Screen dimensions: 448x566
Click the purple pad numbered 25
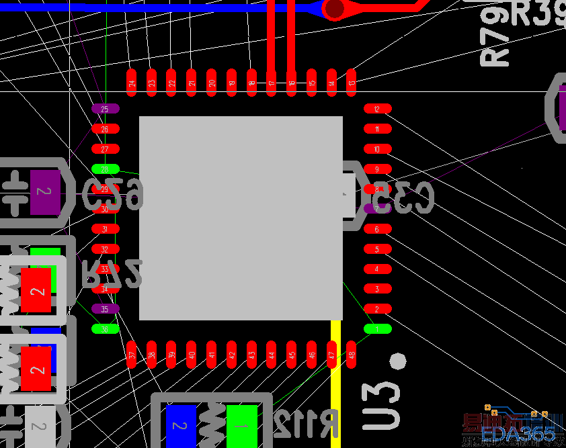[105, 109]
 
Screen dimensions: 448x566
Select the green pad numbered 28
[105, 169]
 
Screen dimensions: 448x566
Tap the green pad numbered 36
[105, 329]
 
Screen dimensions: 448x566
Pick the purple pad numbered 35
[105, 309]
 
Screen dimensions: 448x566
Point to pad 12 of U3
[377, 109]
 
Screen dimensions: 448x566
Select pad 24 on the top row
[132, 83]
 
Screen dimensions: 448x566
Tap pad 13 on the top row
[352, 83]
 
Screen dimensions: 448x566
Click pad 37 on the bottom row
[132, 355]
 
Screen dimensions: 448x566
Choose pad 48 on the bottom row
[352, 355]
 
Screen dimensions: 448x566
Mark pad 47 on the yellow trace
[331, 355]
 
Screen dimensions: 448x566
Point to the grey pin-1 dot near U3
[398, 361]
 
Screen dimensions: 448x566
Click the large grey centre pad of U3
[241, 218]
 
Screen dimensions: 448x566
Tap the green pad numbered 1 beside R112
[242, 426]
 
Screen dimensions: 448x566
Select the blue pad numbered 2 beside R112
[181, 426]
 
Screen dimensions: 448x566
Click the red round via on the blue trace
[333, 8]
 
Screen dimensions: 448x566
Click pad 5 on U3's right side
[377, 249]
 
